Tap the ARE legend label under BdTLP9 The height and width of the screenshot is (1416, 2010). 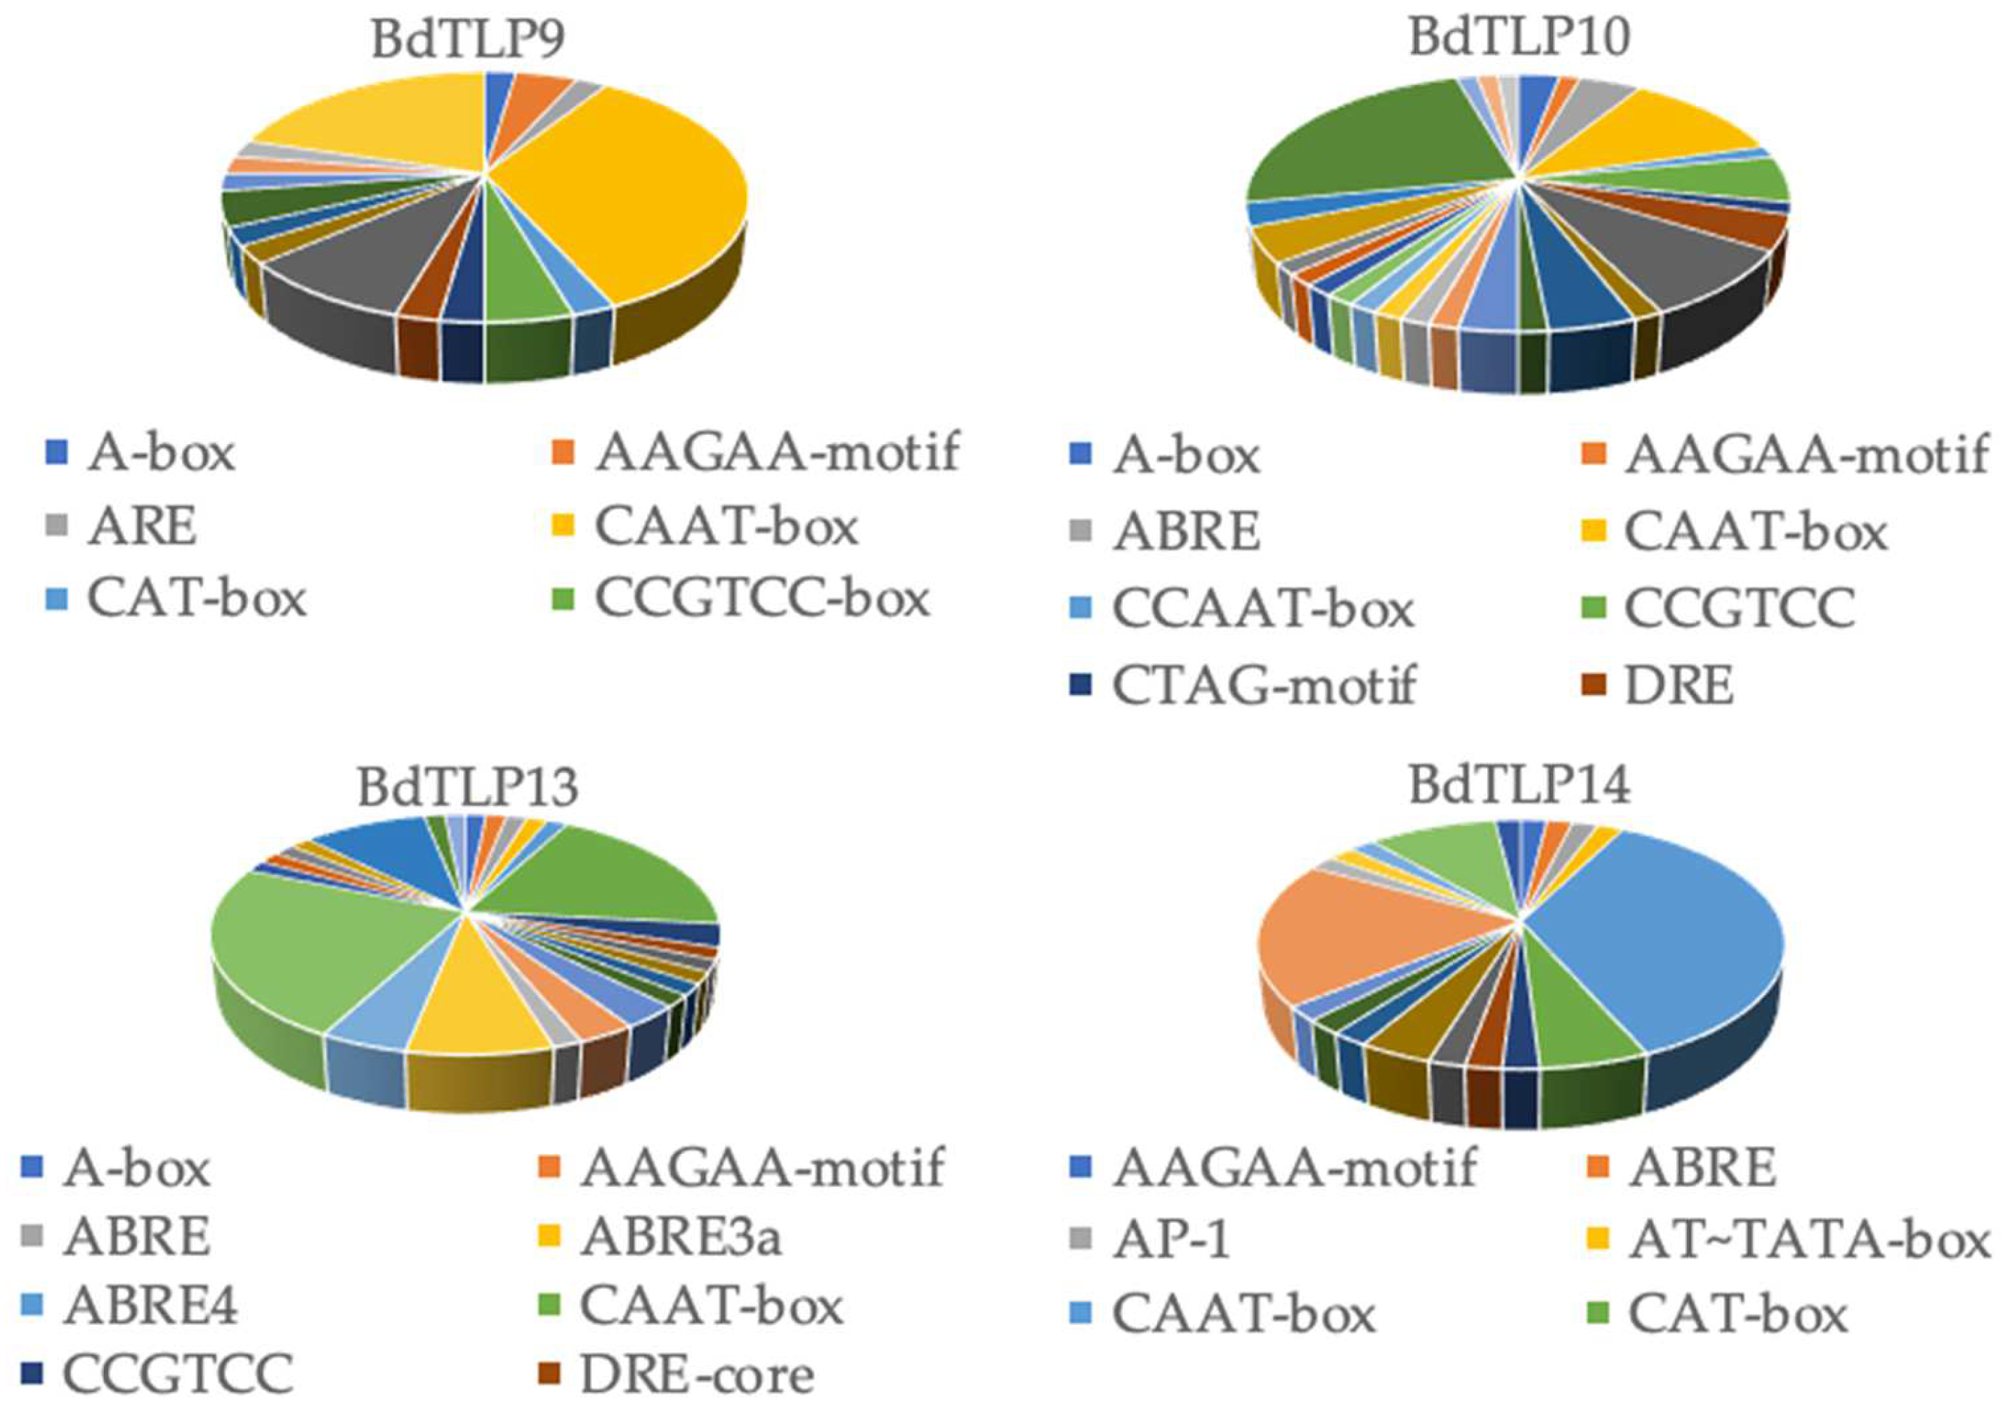[x=142, y=527]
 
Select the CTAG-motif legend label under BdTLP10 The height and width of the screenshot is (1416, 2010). [x=1263, y=686]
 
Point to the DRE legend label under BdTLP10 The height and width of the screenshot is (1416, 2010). [x=1678, y=686]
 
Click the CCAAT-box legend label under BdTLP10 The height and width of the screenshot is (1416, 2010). [x=1262, y=609]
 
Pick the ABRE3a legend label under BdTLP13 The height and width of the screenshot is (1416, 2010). [x=681, y=1237]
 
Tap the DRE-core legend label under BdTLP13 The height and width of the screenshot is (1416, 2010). [x=697, y=1375]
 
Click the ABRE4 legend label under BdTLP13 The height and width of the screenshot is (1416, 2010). [x=150, y=1307]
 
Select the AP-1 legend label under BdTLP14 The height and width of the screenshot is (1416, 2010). [x=1171, y=1238]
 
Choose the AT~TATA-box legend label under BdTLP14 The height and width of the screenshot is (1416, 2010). [x=1808, y=1238]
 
